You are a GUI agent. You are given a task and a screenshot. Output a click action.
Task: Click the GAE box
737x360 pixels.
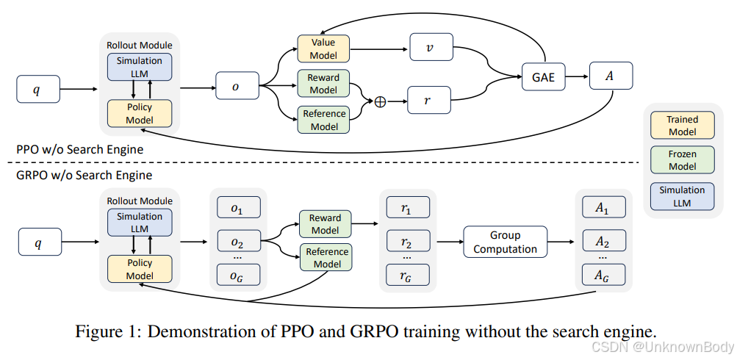pyautogui.click(x=544, y=76)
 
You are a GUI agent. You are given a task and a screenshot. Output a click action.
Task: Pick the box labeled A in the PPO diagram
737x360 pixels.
pyautogui.click(x=610, y=76)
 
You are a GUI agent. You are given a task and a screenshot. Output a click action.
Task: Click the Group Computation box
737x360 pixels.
pyautogui.click(x=505, y=242)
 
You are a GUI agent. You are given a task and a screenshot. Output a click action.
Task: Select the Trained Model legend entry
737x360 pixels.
pyautogui.click(x=682, y=126)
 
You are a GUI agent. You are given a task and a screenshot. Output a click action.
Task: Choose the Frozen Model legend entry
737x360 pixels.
pyautogui.click(x=682, y=160)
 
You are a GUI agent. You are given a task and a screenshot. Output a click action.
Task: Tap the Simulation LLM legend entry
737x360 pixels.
pyautogui.click(x=682, y=195)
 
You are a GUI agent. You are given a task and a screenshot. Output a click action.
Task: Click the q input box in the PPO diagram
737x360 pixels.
pyautogui.click(x=37, y=90)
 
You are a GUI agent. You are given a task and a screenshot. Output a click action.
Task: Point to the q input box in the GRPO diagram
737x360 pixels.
pyautogui.click(x=37, y=242)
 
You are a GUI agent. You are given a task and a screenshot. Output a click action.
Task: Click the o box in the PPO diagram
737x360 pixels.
pyautogui.click(x=236, y=87)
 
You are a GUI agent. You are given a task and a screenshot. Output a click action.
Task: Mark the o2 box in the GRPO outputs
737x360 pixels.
pyautogui.click(x=237, y=241)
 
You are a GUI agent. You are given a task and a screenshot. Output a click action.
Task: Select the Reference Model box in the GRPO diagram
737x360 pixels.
pyautogui.click(x=326, y=258)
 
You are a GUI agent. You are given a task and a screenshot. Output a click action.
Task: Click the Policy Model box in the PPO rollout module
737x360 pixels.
pyautogui.click(x=139, y=114)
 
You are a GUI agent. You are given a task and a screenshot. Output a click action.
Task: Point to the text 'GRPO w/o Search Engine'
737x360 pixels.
pyautogui.click(x=84, y=175)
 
